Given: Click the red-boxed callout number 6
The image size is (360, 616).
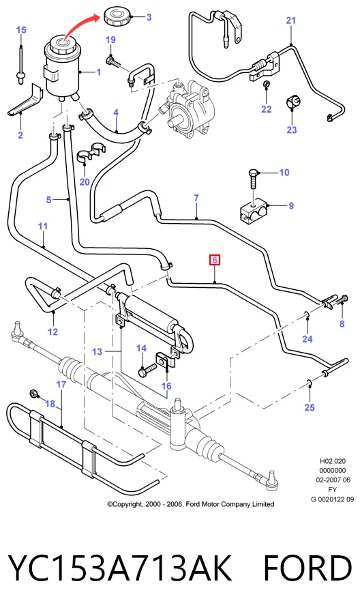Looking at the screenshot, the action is [215, 260].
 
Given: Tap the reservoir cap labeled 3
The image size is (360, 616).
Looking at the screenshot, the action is [117, 17].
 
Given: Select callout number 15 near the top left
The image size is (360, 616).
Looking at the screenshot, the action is [21, 30].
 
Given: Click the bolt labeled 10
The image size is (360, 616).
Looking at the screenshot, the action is [253, 181].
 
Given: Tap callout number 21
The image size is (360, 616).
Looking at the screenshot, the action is [290, 20].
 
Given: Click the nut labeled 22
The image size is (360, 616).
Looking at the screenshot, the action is [266, 84].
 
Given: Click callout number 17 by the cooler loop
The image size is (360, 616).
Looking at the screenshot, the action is [61, 384].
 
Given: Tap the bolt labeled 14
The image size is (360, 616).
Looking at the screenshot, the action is [147, 369].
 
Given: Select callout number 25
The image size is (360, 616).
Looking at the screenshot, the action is [310, 407].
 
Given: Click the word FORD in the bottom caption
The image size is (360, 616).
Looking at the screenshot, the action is [307, 568].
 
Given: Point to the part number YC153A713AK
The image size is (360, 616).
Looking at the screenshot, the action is [119, 568].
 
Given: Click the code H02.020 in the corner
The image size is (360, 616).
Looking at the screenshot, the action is [333, 461].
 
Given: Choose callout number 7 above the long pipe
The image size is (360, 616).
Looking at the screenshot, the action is [196, 199].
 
